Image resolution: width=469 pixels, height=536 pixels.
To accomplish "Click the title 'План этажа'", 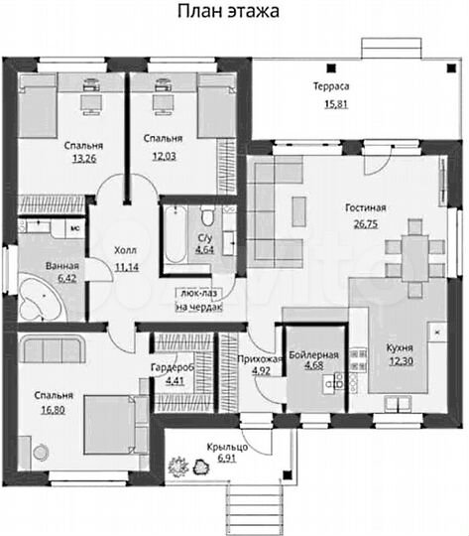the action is pos(228,11).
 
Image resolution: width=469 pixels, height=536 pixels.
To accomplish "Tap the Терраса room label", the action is pos(331,86).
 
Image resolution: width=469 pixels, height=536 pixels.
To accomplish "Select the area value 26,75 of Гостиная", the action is pos(366,224).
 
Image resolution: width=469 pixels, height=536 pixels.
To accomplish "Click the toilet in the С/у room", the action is pos(207,215).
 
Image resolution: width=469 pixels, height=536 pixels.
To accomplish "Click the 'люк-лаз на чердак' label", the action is pos(198,300).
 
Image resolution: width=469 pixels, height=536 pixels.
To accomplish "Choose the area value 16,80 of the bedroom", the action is pos(53,410).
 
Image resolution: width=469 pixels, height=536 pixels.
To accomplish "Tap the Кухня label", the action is pos(400,348).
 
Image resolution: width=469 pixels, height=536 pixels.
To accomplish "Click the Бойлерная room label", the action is pos(314,354).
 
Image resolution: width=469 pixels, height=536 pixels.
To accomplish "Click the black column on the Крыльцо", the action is pos(288,474).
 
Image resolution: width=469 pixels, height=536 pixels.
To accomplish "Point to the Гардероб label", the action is pos(173,367).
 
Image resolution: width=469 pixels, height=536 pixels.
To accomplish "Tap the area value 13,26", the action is pos(84,159).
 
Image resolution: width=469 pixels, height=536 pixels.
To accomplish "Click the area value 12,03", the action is pos(164,156).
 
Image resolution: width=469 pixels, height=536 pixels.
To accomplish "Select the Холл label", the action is pos(125,250).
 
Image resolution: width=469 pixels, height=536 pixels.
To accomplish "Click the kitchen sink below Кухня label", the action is pos(398,403).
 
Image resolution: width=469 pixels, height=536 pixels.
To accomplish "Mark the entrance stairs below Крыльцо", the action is pos(254,509).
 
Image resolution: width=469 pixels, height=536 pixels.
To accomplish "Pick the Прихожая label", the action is pos(260,359).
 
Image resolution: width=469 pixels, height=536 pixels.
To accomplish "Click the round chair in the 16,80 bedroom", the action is pos(41,453).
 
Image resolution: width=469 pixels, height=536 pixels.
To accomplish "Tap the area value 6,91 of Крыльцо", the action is pos(227,458).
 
